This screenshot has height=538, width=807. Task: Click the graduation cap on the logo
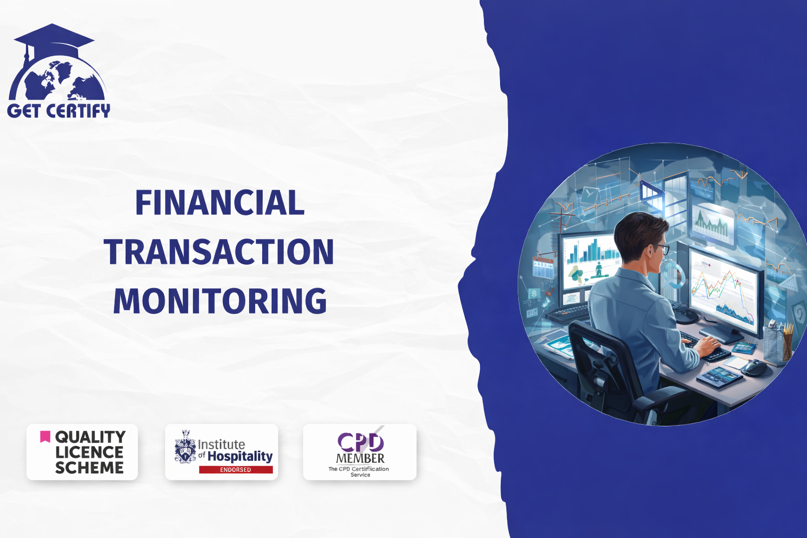[x=54, y=40]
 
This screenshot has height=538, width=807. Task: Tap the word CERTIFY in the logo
[x=78, y=111]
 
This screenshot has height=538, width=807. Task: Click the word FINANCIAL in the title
[x=220, y=202]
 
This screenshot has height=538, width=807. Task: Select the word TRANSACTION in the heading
[x=219, y=252]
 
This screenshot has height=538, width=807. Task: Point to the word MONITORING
[x=220, y=301]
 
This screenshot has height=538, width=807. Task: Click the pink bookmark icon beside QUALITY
[x=45, y=437]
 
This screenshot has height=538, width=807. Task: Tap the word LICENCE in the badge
[x=89, y=452]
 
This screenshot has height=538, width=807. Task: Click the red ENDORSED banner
[x=235, y=470]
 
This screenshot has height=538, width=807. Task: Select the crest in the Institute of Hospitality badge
[x=185, y=447]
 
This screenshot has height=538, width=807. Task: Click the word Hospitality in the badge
[x=240, y=456]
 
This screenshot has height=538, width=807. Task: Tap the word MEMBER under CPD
[x=360, y=459]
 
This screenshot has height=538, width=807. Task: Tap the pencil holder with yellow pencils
[x=778, y=341]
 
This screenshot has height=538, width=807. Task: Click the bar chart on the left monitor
[x=592, y=252]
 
